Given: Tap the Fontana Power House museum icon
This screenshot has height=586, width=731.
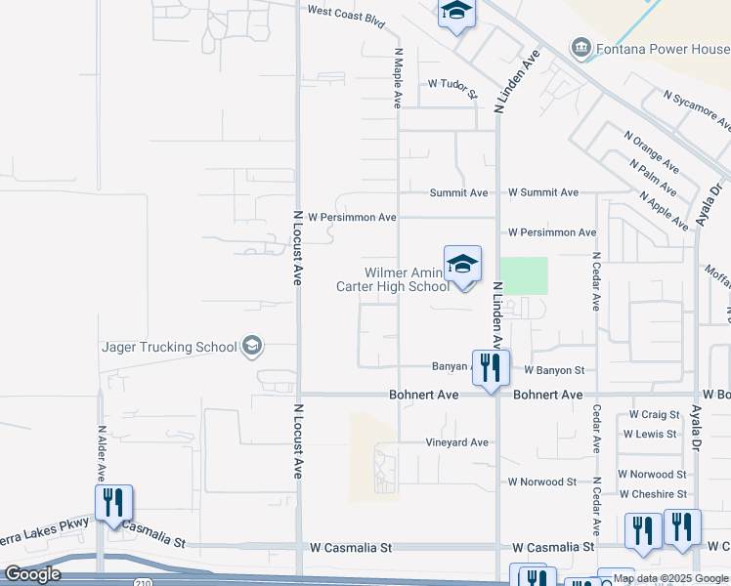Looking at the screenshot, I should (581, 48).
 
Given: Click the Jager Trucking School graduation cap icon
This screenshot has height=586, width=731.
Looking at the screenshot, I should (252, 346).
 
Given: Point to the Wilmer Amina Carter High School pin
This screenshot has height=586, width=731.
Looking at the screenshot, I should (463, 265).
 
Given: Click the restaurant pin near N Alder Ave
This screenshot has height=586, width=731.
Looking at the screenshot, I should (114, 503).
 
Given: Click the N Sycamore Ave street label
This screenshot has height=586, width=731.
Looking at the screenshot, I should (697, 108).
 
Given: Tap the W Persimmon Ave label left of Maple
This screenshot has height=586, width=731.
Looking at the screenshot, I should (352, 217).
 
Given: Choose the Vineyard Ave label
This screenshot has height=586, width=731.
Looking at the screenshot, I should (456, 442).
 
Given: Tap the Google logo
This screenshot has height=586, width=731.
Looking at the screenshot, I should (32, 574).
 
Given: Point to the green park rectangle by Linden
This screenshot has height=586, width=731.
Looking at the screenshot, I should (523, 275).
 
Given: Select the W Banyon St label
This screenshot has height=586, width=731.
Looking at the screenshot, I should (553, 371).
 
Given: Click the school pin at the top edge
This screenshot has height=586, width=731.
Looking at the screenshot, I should (456, 13).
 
